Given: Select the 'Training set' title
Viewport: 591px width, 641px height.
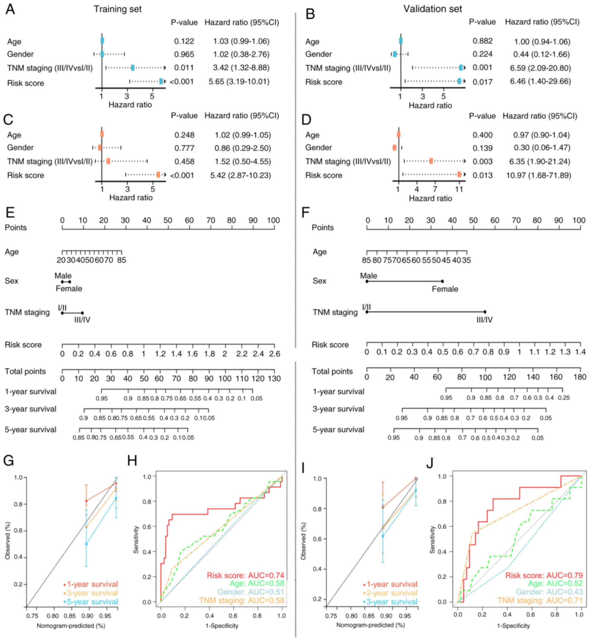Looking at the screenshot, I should [x=118, y=9].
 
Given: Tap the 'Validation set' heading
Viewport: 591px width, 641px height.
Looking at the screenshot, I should [x=432, y=9].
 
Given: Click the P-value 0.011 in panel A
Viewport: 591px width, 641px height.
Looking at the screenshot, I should [x=184, y=68].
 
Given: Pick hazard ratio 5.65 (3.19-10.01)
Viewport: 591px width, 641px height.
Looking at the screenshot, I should [x=239, y=81].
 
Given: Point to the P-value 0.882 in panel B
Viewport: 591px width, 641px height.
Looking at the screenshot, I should [x=482, y=41].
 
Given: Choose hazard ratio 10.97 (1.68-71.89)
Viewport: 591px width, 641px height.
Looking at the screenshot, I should [x=538, y=175].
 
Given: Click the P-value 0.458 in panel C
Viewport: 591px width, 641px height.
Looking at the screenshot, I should [x=184, y=161].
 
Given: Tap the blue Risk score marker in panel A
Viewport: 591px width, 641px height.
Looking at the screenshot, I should [x=161, y=81].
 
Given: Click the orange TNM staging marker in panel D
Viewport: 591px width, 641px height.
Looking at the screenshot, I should [x=431, y=161].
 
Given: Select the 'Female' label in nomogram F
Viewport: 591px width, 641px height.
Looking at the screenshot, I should [x=445, y=289].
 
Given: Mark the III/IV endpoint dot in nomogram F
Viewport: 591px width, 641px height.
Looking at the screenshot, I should [x=485, y=312].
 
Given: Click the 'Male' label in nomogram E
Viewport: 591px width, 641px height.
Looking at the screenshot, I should [x=63, y=276].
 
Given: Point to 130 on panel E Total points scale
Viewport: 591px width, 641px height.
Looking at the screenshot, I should [x=274, y=379].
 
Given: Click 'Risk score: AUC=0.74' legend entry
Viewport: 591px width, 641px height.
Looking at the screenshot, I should [x=245, y=576].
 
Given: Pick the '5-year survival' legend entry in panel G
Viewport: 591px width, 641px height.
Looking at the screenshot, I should [x=92, y=602].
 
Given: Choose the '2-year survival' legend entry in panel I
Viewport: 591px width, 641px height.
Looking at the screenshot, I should [x=391, y=593].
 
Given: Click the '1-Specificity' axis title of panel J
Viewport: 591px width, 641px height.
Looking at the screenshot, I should [x=513, y=626].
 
